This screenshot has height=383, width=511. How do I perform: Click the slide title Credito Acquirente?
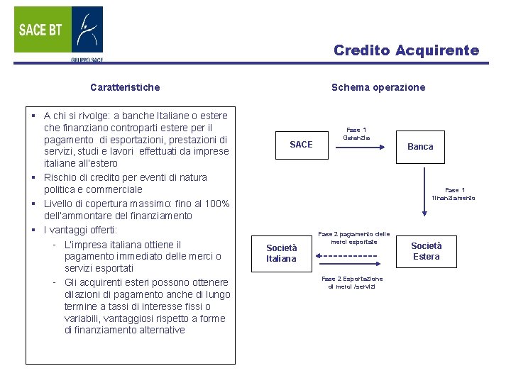click(406, 50)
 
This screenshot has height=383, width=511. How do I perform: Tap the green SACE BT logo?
click(42, 30)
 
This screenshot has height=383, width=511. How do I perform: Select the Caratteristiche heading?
click(125, 87)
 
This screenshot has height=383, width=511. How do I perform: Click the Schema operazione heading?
click(378, 87)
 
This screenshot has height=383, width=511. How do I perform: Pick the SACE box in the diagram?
click(301, 145)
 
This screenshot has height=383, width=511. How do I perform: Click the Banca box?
click(420, 146)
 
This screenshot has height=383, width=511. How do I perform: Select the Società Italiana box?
click(281, 253)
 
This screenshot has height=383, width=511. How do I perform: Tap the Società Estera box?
click(426, 251)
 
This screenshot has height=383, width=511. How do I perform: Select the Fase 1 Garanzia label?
click(356, 133)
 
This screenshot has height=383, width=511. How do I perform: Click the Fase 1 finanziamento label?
click(455, 194)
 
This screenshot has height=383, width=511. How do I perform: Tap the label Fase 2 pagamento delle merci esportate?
click(353, 238)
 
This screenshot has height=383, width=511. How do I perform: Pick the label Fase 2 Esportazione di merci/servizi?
click(352, 282)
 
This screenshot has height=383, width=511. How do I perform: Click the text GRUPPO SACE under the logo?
click(87, 60)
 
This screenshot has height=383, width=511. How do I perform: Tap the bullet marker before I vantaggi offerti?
click(34, 231)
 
